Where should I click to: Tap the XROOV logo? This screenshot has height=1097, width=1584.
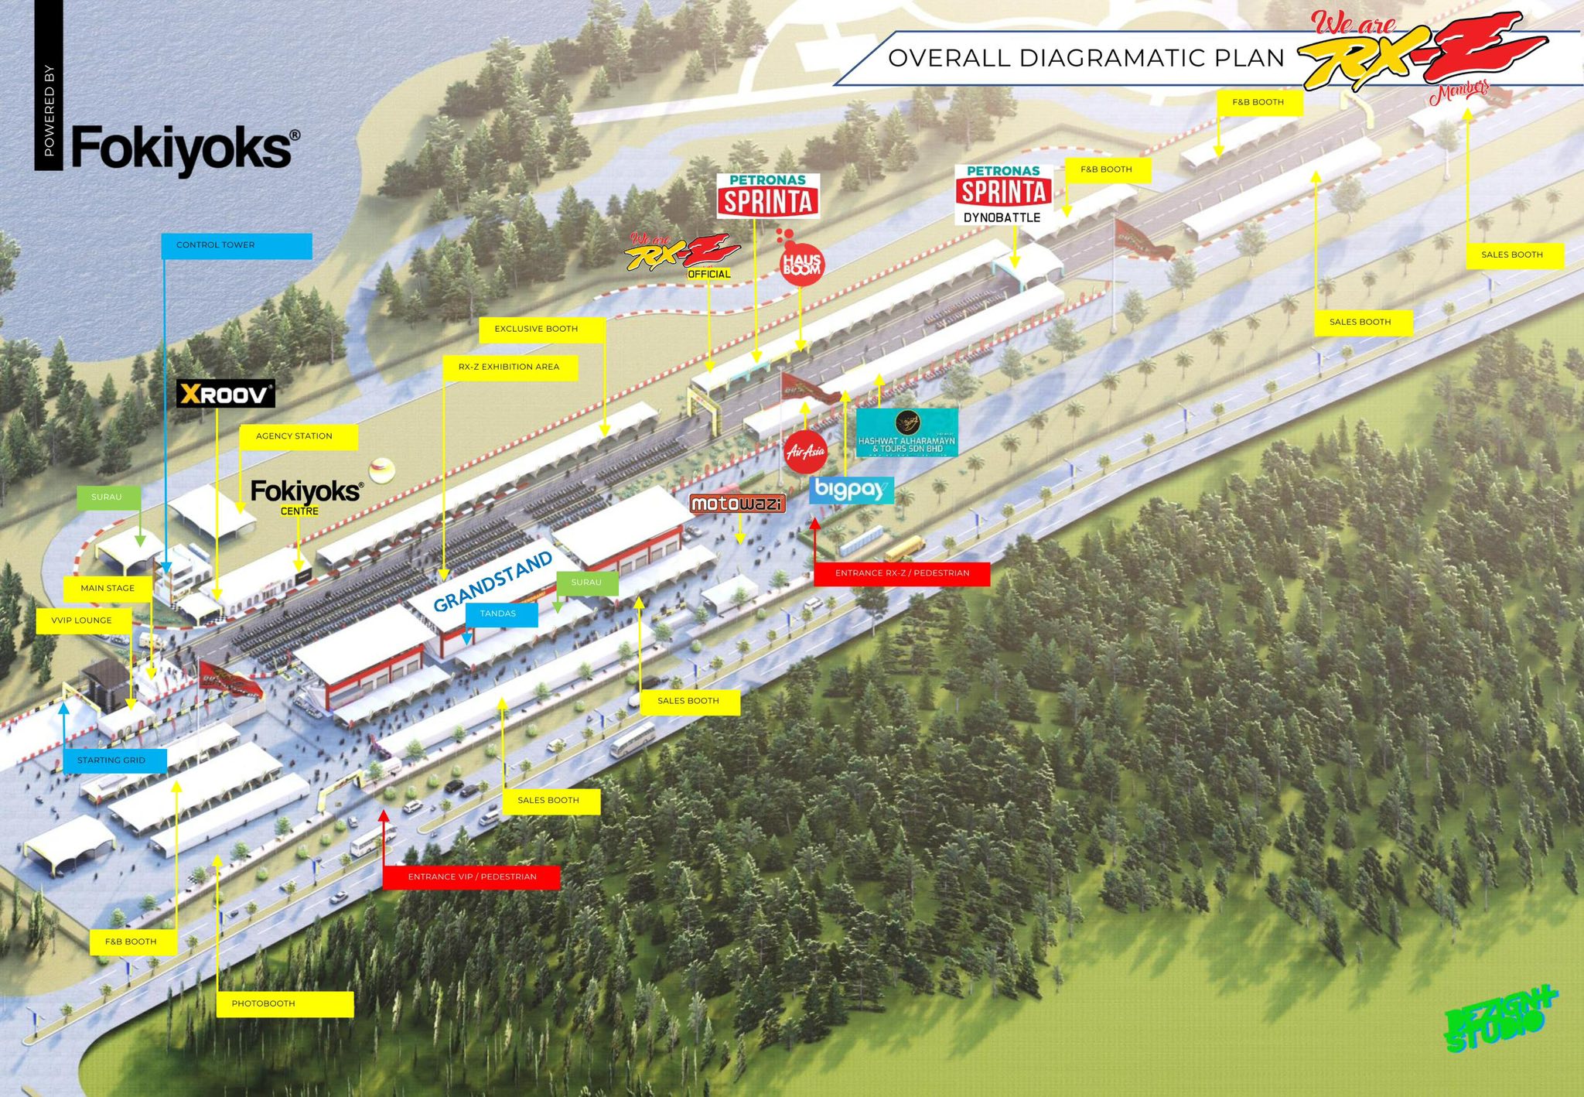coord(225,395)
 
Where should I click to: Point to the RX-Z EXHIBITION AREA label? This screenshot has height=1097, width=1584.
coord(510,367)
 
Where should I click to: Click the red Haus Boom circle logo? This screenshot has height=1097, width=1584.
coord(801,265)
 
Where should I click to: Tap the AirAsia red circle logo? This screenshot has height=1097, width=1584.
coord(806,451)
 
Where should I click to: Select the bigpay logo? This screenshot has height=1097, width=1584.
coord(851,490)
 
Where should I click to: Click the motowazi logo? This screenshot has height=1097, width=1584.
coord(737,504)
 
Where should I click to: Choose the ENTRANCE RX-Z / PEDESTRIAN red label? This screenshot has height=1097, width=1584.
coord(902,573)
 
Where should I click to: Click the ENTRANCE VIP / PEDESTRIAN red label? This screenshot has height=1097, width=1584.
coord(471,877)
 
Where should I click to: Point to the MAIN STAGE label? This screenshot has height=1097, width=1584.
coord(108,588)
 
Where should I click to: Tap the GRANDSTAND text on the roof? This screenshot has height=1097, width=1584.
coord(493,581)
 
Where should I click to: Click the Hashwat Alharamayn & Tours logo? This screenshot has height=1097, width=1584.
coord(906,432)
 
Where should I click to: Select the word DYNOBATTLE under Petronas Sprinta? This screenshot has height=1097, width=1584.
coord(1002,218)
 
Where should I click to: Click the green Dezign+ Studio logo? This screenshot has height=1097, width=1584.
coord(1500,1020)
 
